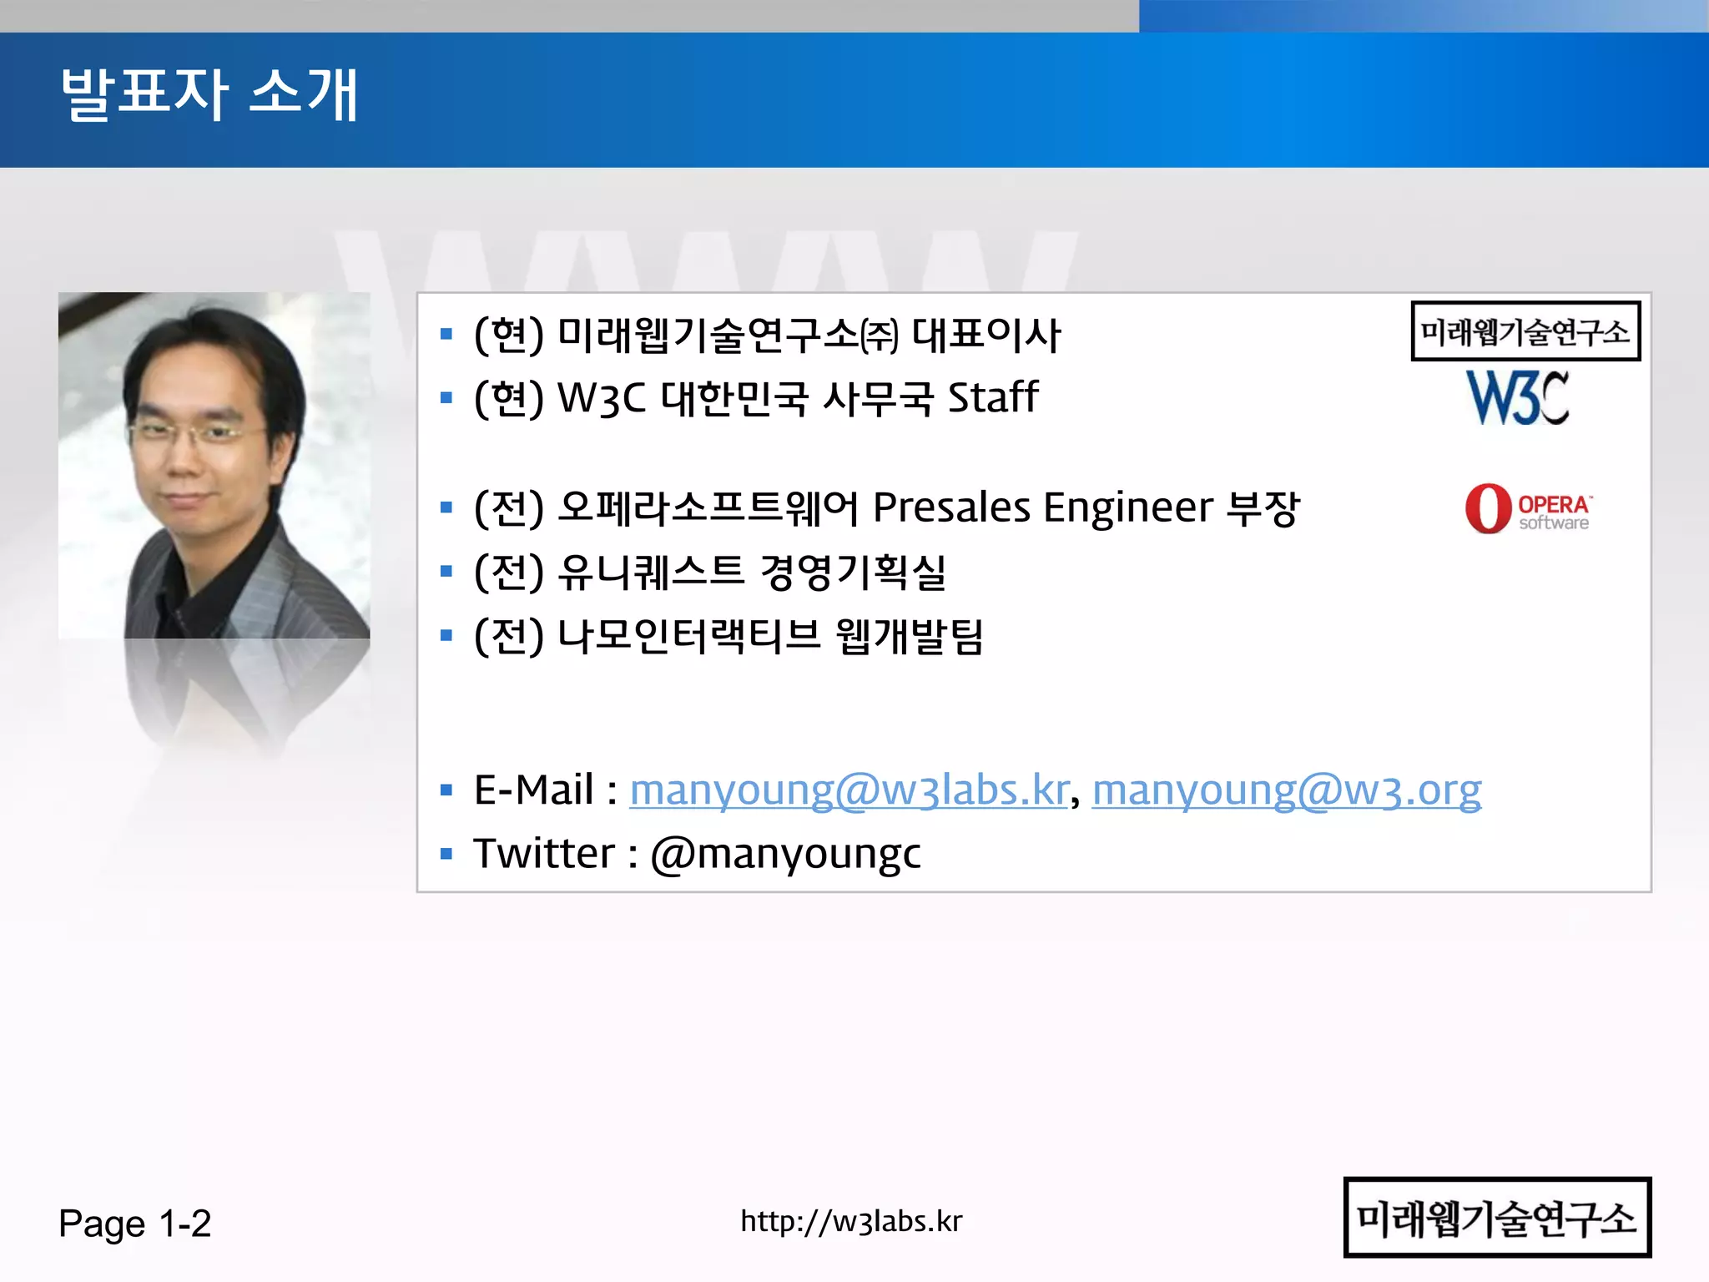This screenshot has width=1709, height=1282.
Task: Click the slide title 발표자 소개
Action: (209, 94)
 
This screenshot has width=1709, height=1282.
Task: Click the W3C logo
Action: (1518, 398)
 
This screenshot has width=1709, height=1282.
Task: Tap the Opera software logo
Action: (1527, 508)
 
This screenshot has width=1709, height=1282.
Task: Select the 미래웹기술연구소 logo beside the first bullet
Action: (1525, 331)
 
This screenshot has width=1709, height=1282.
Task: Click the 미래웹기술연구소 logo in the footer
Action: (1497, 1218)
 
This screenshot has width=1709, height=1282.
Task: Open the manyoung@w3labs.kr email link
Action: (849, 790)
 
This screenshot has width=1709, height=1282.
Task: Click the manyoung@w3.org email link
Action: (1286, 790)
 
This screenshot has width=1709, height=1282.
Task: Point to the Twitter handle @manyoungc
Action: (785, 854)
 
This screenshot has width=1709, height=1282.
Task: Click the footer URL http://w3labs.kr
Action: (851, 1221)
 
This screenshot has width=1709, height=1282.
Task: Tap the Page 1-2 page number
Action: (134, 1224)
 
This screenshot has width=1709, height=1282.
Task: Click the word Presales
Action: (951, 507)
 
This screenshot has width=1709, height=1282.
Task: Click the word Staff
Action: (993, 397)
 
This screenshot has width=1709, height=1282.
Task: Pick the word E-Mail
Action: (534, 790)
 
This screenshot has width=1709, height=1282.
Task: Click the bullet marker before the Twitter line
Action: (446, 854)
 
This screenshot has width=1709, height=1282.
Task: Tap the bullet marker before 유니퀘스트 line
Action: (446, 572)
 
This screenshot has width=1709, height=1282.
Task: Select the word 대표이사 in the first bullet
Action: (986, 335)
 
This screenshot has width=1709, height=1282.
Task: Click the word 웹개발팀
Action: (910, 636)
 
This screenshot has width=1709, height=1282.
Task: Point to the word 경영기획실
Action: (853, 572)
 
